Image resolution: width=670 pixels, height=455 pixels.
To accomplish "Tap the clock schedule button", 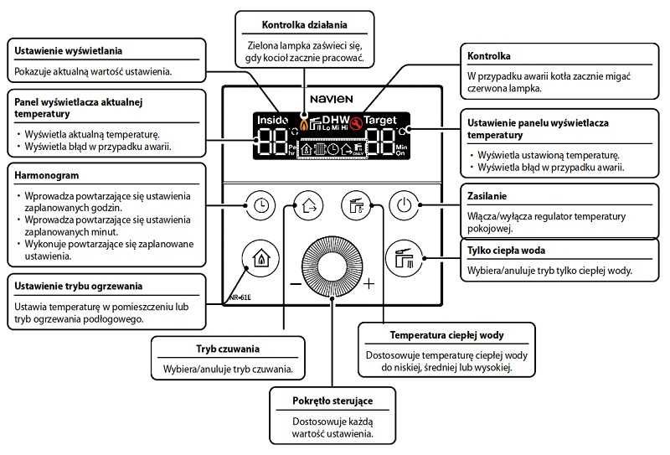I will tap(260, 204).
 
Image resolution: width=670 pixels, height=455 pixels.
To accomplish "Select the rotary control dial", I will tap(332, 266).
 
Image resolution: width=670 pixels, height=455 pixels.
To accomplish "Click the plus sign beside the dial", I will tap(369, 283).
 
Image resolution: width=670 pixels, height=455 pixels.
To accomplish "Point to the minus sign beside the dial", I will tap(296, 283).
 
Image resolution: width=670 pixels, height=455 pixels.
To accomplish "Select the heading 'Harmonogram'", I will tap(47, 176).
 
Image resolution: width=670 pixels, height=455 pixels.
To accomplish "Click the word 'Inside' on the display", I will tap(272, 121).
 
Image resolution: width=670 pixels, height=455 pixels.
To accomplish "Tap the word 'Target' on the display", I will tap(381, 121).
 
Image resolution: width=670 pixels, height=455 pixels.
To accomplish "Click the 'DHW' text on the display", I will tap(337, 120).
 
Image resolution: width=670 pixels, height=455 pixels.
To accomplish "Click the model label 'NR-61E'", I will tap(242, 297).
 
